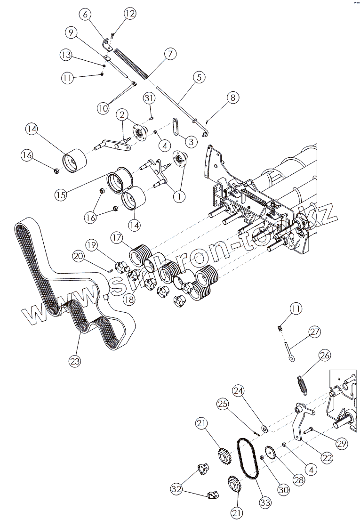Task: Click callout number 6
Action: (85, 15)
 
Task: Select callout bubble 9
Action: (71, 33)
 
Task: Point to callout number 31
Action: (149, 98)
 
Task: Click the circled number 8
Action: (232, 97)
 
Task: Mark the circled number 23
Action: (75, 361)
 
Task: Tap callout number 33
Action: (265, 503)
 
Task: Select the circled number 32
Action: (176, 489)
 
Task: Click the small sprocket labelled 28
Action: (271, 453)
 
